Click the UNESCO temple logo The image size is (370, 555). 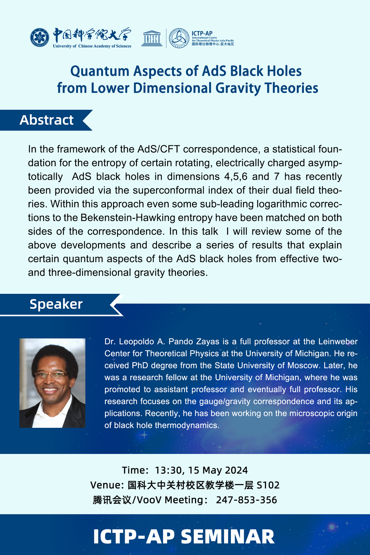[x=152, y=38]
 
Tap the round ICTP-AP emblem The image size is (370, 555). [x=179, y=38]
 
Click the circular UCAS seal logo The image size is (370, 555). [x=40, y=38]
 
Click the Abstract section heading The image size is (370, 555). [x=47, y=120]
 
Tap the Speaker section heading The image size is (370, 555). [x=56, y=304]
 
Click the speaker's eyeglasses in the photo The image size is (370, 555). [x=51, y=376]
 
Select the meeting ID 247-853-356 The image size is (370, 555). [x=246, y=500]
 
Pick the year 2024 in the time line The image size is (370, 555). [x=236, y=470]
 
